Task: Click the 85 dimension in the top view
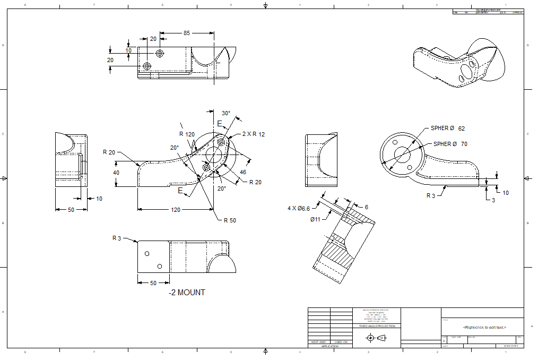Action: (186, 33)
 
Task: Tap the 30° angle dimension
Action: (226, 113)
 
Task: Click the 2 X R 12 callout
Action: (253, 134)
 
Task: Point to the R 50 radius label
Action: (230, 220)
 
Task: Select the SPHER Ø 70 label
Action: (450, 144)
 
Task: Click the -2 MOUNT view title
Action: (187, 293)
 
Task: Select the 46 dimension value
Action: (243, 172)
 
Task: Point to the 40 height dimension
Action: (116, 173)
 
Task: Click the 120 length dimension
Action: (175, 210)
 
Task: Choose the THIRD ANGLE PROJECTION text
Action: (377, 326)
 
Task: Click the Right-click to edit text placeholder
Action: (484, 327)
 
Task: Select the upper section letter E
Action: (219, 124)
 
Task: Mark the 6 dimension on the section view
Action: (366, 207)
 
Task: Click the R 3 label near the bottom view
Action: (117, 238)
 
